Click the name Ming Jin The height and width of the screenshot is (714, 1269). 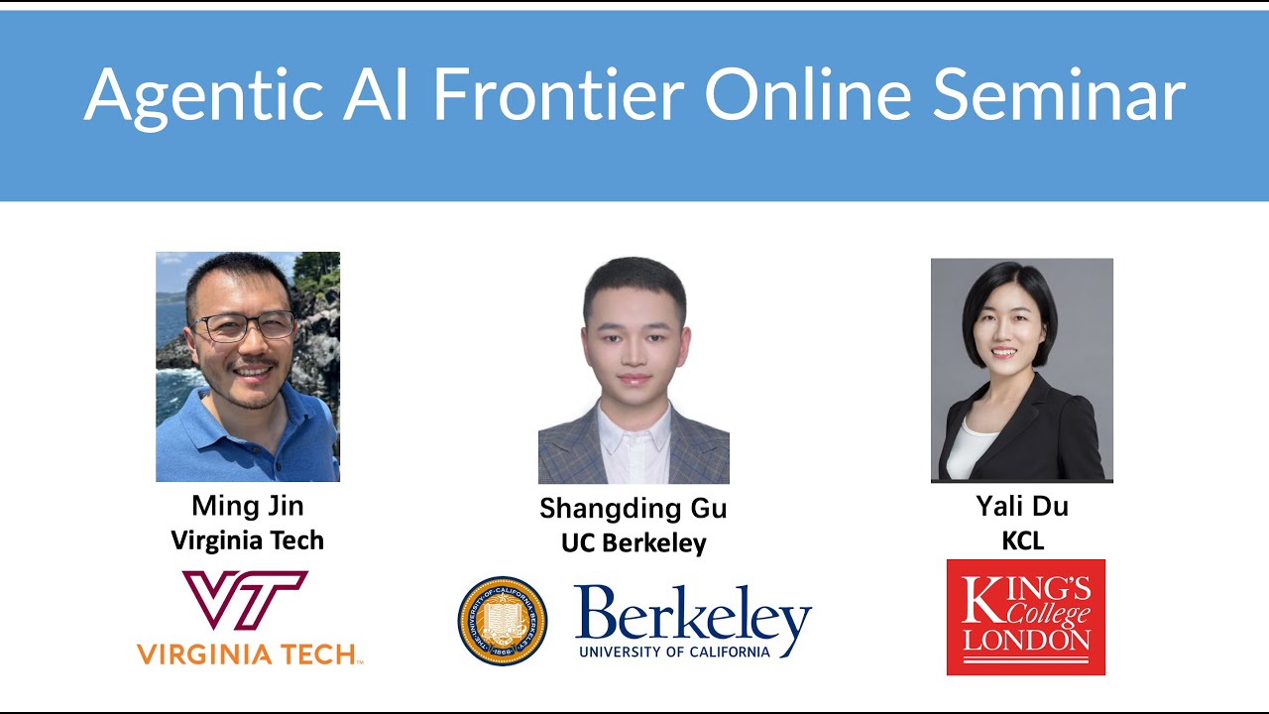coord(248,506)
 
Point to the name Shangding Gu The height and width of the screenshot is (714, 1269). coord(633,509)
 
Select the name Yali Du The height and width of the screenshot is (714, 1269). coord(1022,507)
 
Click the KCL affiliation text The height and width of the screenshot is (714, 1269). coord(1022,541)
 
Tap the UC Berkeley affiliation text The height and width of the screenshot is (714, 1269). coord(633,543)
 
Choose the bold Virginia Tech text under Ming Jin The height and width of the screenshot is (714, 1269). coord(248,540)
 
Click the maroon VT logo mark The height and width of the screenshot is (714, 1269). coord(245,599)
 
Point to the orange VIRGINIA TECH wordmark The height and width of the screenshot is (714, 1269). coord(248,654)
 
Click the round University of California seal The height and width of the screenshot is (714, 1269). coord(502,621)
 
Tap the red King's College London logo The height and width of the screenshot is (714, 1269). coord(1025,617)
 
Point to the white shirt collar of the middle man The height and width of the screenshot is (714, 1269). coord(634,426)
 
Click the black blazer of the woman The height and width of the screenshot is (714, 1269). coord(1061,436)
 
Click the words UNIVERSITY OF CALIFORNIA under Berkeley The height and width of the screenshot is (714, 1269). coord(674,652)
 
